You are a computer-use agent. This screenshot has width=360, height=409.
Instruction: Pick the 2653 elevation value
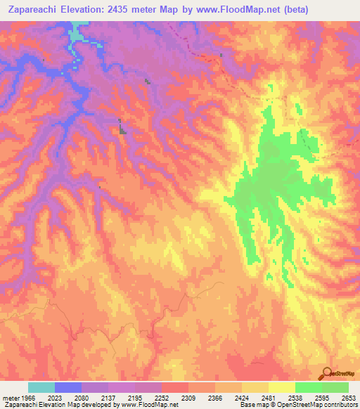click(x=348, y=398)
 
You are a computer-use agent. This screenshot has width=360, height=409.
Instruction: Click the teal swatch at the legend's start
click(x=41, y=387)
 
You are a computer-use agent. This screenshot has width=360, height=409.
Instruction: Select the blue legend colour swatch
click(x=68, y=387)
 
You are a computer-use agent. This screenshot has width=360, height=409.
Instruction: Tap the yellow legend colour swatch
click(x=282, y=387)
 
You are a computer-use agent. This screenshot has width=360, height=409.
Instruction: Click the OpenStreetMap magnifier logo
click(x=326, y=373)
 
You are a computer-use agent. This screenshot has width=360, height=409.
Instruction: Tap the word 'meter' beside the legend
click(x=11, y=398)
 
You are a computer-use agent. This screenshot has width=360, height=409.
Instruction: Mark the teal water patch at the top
click(x=76, y=33)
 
